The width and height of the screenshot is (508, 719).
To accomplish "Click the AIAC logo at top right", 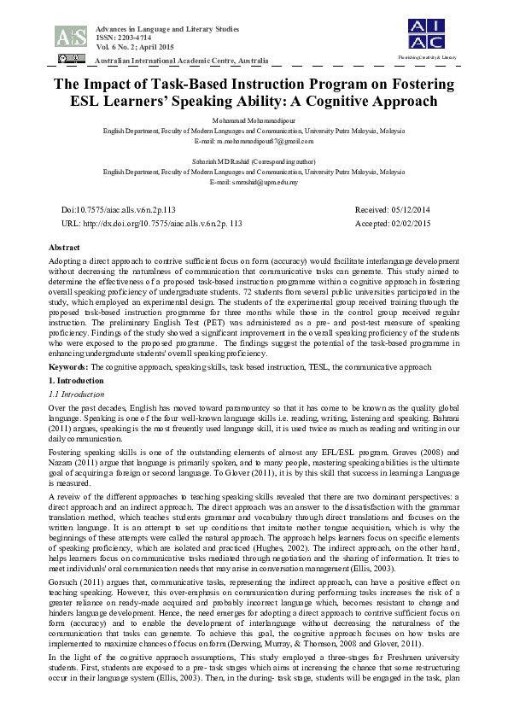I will coord(426,32).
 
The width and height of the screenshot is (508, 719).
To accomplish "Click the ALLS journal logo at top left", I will coord(70,36).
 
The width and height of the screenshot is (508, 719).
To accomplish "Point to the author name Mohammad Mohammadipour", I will coord(254,121).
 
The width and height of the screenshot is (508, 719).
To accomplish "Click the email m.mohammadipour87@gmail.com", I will coord(254,140).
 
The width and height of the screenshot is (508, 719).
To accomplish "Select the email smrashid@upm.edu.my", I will coord(254,182).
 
